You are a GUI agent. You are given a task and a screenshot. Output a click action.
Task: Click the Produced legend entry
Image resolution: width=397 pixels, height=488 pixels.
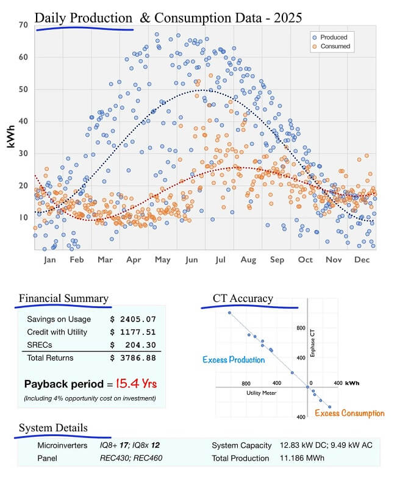(332, 37)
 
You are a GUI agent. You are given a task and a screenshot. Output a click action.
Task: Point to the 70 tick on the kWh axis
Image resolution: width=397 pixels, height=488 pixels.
(23, 25)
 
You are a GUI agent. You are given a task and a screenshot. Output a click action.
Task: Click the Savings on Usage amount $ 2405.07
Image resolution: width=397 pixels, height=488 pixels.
(134, 319)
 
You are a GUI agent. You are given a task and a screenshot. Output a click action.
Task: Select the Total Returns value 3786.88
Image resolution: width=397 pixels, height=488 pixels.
(134, 358)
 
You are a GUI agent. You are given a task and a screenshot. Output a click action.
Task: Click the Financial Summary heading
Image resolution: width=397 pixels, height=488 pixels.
(63, 298)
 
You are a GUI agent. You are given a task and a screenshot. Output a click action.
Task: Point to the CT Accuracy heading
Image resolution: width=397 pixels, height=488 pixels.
(243, 298)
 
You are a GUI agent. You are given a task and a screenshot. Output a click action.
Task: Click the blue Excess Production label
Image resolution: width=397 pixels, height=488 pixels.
(234, 360)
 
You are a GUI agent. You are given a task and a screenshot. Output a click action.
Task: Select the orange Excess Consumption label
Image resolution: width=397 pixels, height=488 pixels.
(349, 413)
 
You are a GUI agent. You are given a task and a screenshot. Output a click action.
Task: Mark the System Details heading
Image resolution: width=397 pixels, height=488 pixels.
(53, 428)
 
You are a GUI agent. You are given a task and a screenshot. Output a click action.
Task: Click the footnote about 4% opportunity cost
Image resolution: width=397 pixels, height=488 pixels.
(90, 398)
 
